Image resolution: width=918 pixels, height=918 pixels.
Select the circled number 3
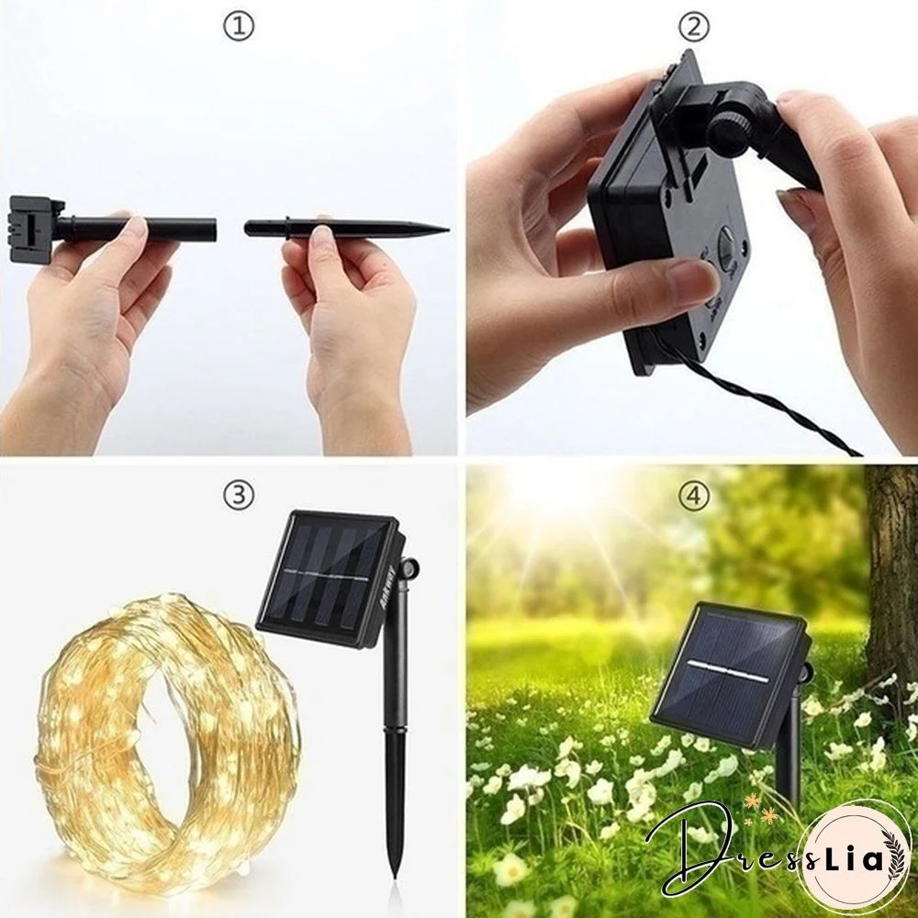click(238, 496)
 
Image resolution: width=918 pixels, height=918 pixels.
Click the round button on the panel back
click(727, 250)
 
